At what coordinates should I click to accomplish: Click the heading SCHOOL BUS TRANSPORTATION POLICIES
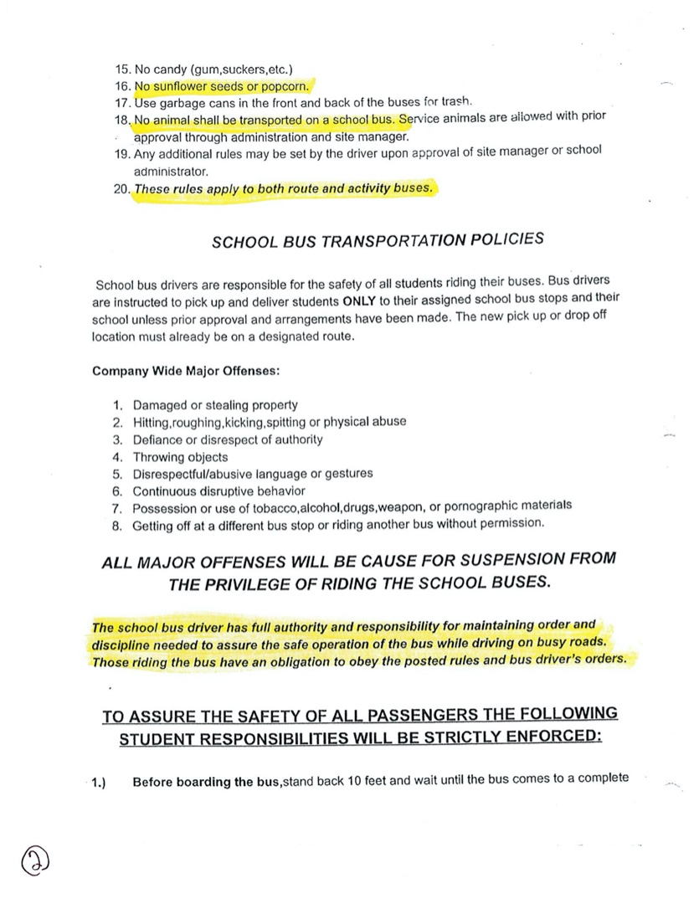[x=378, y=240]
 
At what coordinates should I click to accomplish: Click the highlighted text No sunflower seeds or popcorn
[x=221, y=86]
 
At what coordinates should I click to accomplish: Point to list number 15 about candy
[x=122, y=69]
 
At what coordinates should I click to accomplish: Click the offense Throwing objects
[x=180, y=457]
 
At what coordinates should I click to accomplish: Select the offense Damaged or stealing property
[x=215, y=405]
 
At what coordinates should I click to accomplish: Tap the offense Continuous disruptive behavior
[x=218, y=491]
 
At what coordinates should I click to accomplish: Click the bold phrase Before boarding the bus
[x=207, y=782]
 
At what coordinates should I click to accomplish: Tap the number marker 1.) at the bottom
[x=99, y=783]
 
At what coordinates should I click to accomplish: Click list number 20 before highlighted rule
[x=122, y=189]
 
